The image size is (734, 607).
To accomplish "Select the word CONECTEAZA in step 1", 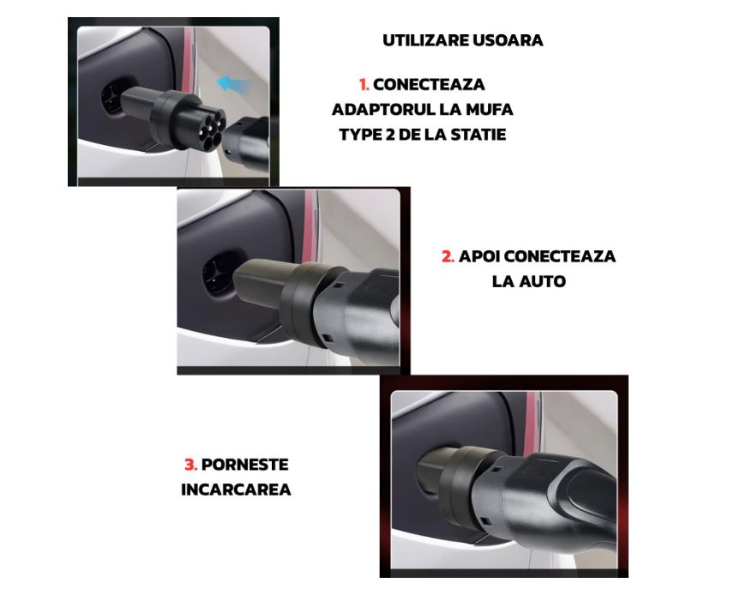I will click(429, 85).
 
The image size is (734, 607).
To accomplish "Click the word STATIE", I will click(476, 135).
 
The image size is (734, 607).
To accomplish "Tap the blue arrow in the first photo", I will click(232, 84).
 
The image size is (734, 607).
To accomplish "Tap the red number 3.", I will click(190, 465).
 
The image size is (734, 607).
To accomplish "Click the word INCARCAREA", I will click(236, 490).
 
